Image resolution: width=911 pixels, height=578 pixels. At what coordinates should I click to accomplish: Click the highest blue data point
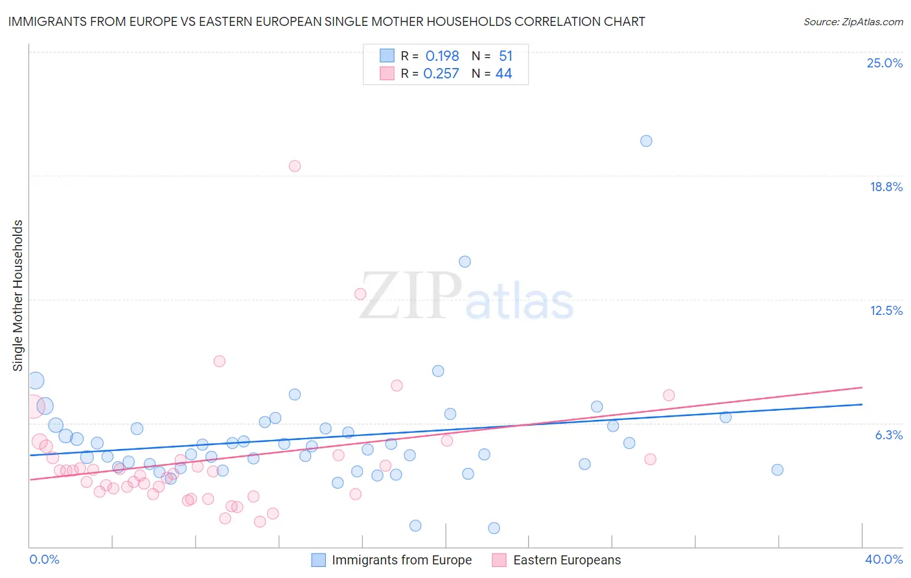(646, 141)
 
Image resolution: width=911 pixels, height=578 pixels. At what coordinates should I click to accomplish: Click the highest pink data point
(295, 166)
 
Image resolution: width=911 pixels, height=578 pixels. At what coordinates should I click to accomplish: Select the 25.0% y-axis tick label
(884, 63)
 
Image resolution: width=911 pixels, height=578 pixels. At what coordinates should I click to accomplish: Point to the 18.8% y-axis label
(886, 187)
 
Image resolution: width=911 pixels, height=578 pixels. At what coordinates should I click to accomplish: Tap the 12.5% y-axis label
(886, 310)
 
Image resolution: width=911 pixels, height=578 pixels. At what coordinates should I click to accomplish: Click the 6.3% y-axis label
(888, 435)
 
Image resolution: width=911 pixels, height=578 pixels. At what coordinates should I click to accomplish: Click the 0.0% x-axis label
(44, 559)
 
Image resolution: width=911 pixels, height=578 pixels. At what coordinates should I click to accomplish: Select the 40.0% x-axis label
(883, 559)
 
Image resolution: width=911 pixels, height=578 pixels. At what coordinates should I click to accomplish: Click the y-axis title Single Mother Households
(17, 295)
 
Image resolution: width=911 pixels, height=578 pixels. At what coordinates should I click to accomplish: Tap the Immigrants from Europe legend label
(402, 560)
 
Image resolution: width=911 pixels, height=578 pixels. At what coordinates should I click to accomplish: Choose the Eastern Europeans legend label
(567, 560)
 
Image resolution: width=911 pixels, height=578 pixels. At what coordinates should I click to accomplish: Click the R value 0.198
(442, 56)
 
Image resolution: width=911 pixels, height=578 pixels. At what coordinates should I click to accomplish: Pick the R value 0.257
(441, 74)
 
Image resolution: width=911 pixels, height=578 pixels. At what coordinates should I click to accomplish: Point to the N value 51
(505, 56)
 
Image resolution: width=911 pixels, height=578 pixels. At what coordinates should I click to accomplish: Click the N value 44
(503, 74)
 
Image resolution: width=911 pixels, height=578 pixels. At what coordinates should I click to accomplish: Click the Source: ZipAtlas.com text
(853, 22)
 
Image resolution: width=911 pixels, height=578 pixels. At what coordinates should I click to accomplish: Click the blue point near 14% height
(465, 262)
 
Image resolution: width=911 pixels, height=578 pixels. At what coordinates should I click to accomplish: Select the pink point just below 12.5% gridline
(360, 294)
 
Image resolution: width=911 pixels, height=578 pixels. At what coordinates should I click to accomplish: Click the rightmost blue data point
(778, 470)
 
